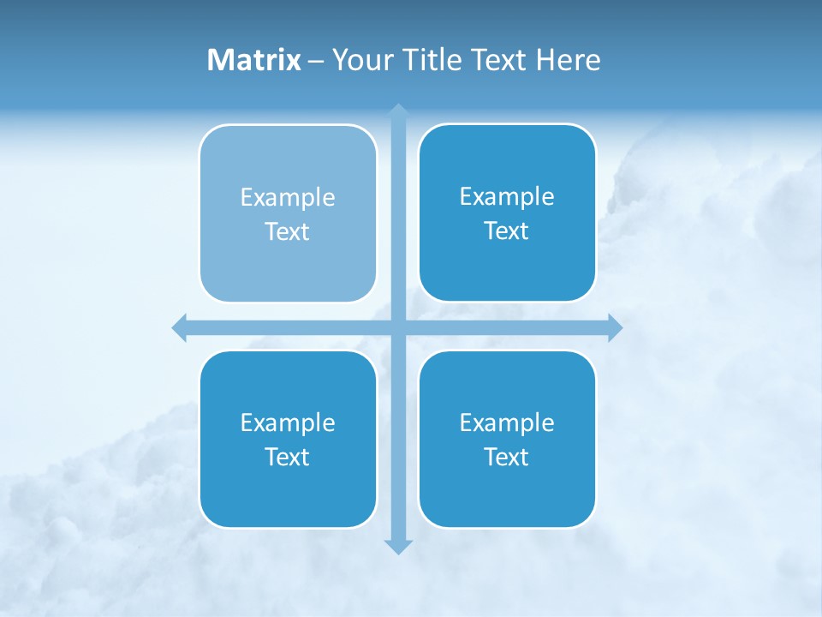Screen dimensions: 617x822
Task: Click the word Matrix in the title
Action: [x=254, y=60]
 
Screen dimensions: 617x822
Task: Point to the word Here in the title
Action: [x=568, y=60]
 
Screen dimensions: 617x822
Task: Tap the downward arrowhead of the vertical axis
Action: [x=398, y=546]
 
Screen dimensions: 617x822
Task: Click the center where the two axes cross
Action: [x=398, y=327]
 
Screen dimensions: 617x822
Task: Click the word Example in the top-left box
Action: [x=288, y=198]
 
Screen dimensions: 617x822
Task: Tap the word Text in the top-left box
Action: [x=288, y=232]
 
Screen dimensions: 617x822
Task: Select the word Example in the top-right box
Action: [x=507, y=197]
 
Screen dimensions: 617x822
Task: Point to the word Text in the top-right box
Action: [x=507, y=231]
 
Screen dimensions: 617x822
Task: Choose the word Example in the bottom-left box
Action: [x=288, y=423]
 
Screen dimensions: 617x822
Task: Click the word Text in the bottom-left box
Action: [x=288, y=458]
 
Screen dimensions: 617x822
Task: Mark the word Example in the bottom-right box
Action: [x=507, y=423]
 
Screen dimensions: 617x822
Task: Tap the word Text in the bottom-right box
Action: [x=507, y=458]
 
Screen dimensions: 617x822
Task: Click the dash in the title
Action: [x=316, y=61]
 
